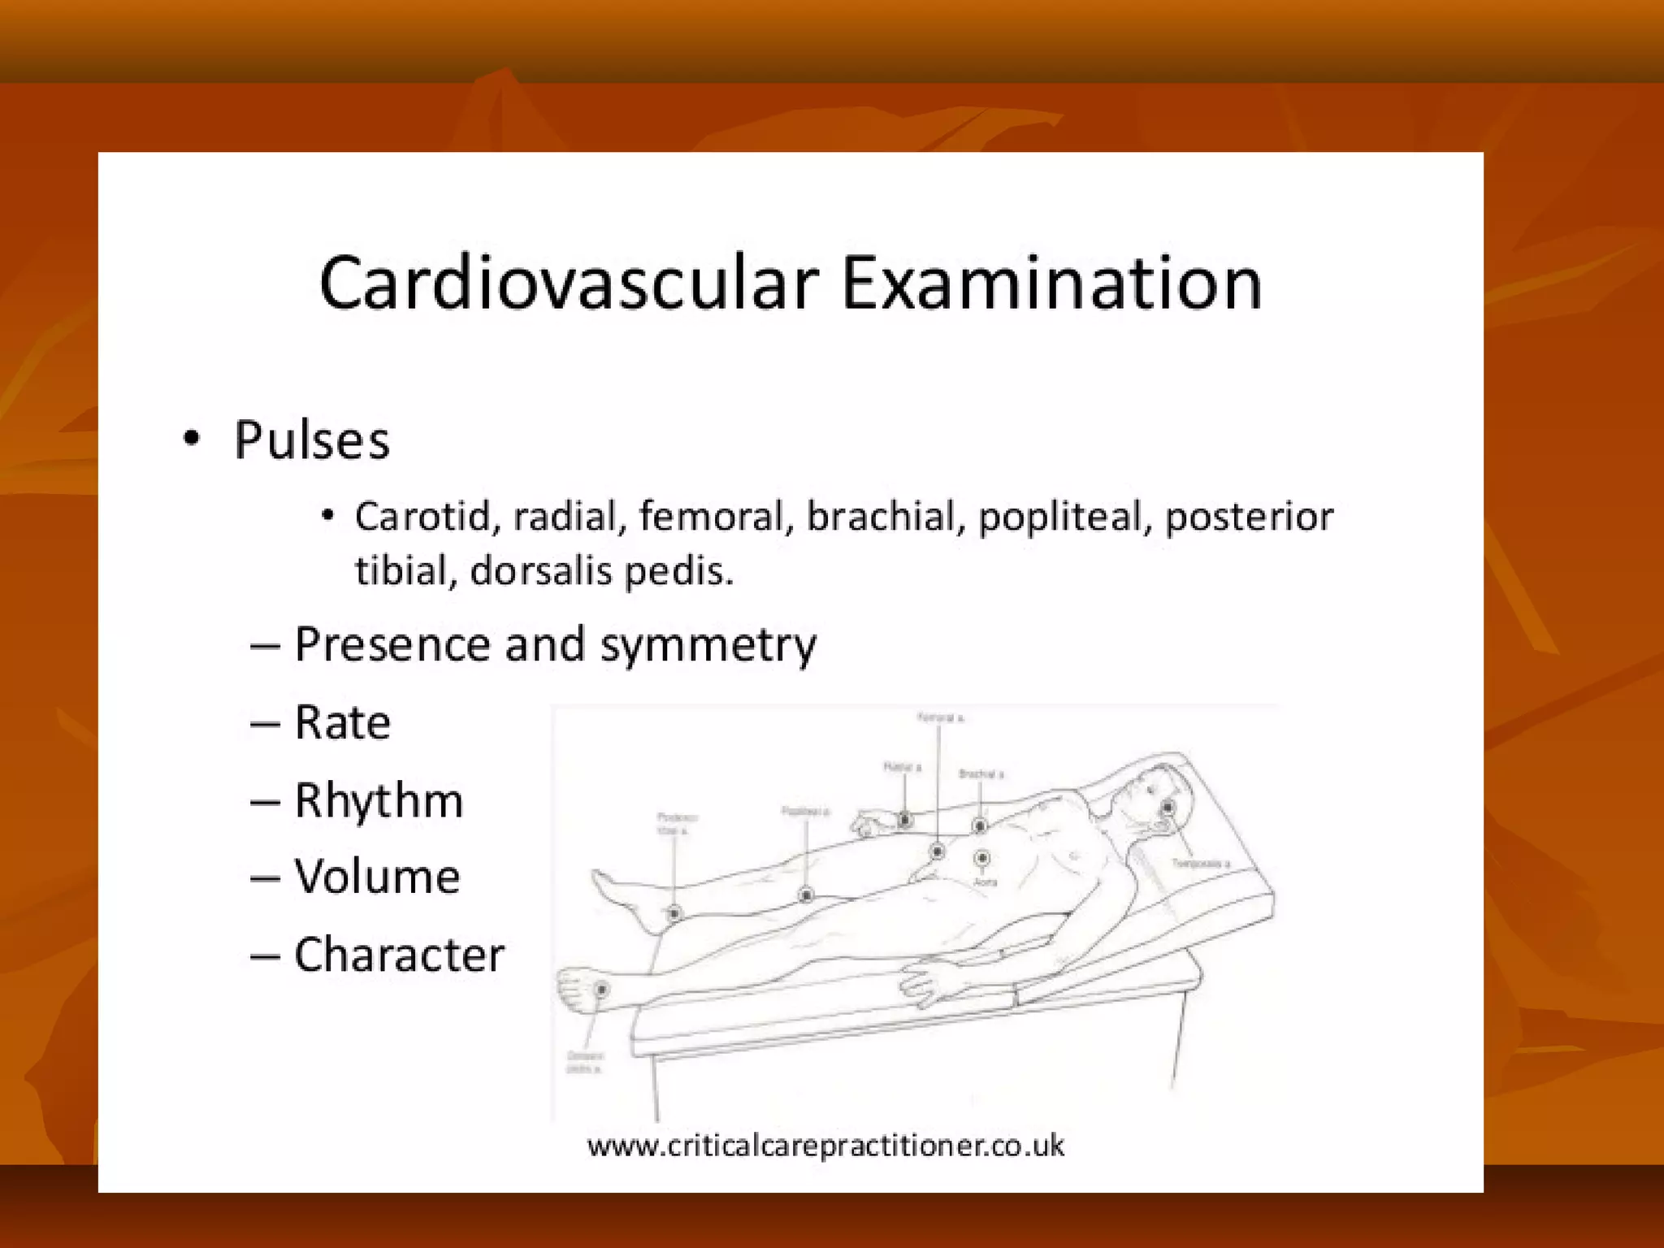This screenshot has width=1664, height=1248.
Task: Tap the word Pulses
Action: [x=312, y=440]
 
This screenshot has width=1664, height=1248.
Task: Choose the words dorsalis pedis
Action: [x=601, y=570]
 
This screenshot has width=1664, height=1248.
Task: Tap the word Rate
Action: [x=342, y=722]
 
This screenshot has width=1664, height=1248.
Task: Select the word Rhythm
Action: [x=379, y=801]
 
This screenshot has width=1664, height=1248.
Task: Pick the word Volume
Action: [x=377, y=877]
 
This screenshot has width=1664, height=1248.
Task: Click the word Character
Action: [x=399, y=955]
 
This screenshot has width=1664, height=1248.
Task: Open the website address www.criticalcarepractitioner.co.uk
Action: [x=825, y=1146]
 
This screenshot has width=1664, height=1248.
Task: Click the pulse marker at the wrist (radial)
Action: [x=904, y=821]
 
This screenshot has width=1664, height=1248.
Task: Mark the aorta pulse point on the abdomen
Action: [x=982, y=858]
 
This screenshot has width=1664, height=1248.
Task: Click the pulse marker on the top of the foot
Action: [x=601, y=990]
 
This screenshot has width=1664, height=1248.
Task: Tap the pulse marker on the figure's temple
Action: [x=1168, y=808]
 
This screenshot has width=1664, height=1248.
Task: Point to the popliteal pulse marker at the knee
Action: [x=806, y=895]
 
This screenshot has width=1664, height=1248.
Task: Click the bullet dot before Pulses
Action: [x=192, y=439]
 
